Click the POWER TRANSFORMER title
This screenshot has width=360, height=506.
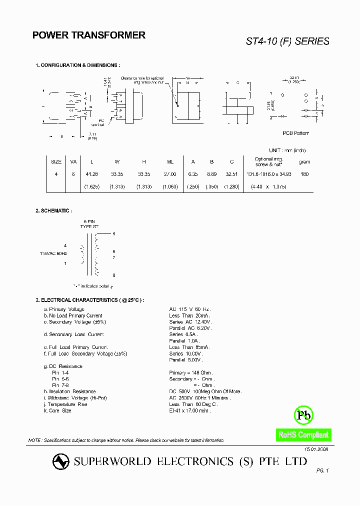click(x=89, y=35)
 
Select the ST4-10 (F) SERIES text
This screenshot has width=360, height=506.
click(x=287, y=41)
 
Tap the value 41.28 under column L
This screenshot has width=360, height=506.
click(x=91, y=174)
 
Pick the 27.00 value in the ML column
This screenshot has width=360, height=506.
click(x=170, y=174)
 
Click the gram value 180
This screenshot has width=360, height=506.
click(x=304, y=174)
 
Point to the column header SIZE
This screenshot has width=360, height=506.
click(x=56, y=161)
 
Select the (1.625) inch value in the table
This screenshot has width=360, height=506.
click(x=91, y=186)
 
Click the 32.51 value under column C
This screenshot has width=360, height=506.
click(x=231, y=174)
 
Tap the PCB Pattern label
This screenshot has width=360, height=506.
click(x=295, y=133)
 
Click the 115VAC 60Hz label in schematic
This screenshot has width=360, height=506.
click(x=53, y=254)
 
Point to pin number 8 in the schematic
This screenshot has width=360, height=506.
click(x=114, y=275)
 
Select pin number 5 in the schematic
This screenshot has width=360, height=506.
click(x=114, y=234)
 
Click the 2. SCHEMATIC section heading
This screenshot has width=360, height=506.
click(x=53, y=211)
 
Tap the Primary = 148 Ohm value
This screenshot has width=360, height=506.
click(x=191, y=372)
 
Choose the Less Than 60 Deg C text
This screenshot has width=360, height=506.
click(x=193, y=404)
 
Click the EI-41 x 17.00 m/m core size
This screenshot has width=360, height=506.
click(x=190, y=410)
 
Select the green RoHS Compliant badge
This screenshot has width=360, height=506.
click(x=303, y=435)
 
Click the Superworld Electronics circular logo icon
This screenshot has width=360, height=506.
click(x=61, y=462)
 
